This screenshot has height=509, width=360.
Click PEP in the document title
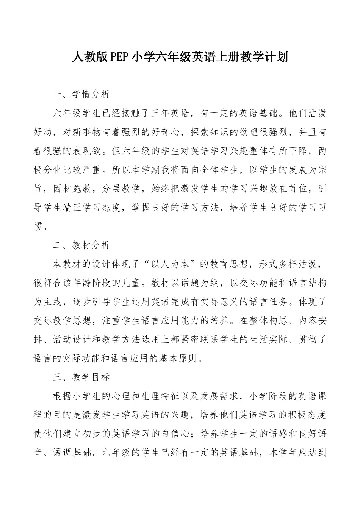click(121, 57)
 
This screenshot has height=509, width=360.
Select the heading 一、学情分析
click(81, 94)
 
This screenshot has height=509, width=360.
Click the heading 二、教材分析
click(81, 245)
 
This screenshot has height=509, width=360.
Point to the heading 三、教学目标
click(81, 377)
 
